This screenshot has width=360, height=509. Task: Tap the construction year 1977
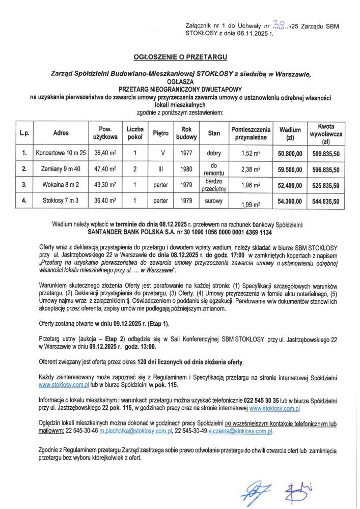pyautogui.click(x=185, y=153)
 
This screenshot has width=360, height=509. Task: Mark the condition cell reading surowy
pyautogui.click(x=214, y=201)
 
